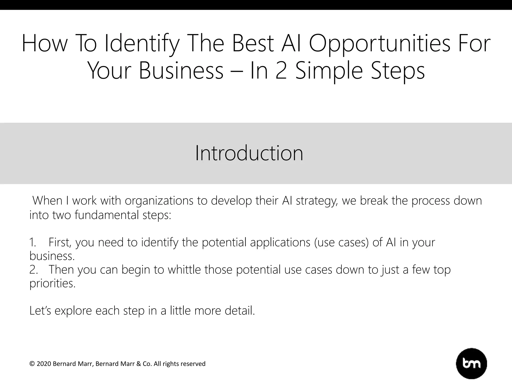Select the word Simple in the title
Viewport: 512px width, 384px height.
329,71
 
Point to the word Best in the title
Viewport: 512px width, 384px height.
252,43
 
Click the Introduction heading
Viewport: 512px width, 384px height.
249,153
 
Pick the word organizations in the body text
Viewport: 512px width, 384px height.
159,201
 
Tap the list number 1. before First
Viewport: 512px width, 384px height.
33,242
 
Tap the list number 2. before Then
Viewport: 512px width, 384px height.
33,269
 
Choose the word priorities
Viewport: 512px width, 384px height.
52,283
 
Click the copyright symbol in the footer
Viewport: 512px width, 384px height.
32,364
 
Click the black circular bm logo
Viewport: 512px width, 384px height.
471,363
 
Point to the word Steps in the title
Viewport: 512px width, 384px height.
397,71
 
